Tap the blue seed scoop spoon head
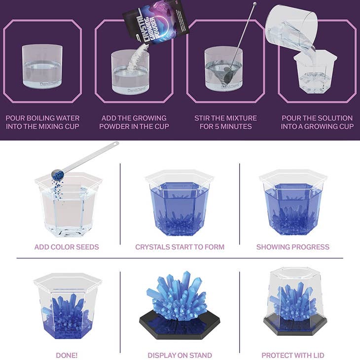[57, 174]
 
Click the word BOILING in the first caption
[42, 118]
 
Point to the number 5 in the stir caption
[216, 126]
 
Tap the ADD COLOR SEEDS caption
[67, 247]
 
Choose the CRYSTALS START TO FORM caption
[180, 247]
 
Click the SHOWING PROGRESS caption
[293, 247]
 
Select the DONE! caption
[67, 355]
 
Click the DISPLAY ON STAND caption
[180, 355]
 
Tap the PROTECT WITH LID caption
[293, 355]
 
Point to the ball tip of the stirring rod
[254, 3]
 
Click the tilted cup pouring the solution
[291, 28]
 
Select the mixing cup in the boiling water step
[42, 67]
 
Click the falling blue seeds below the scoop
[57, 188]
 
